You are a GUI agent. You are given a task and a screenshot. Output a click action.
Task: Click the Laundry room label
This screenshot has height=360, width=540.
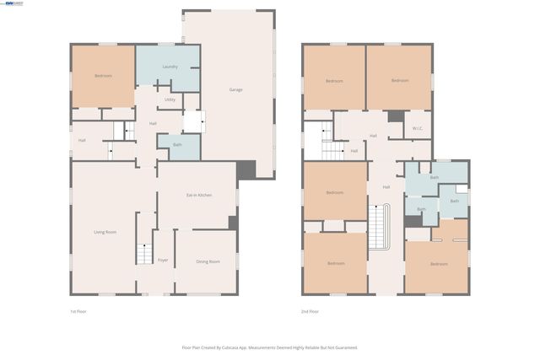(170, 67)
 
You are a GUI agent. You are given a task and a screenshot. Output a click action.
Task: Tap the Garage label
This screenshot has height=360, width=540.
(236, 89)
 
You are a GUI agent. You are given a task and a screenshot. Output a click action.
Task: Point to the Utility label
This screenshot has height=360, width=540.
(170, 99)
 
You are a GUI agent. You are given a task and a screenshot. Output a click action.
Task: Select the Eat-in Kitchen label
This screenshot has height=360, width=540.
(199, 195)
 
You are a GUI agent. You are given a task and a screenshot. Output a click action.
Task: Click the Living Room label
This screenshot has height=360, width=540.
(105, 232)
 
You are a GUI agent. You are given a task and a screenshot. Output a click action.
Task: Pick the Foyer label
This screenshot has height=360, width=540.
(163, 261)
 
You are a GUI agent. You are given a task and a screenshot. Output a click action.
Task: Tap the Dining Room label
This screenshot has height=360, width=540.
(208, 262)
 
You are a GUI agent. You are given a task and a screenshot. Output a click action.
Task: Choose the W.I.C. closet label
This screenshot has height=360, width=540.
(417, 128)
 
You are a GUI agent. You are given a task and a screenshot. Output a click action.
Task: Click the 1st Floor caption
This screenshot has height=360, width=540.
(78, 311)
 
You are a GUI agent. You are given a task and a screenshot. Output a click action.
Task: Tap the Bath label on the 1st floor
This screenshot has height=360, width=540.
(177, 145)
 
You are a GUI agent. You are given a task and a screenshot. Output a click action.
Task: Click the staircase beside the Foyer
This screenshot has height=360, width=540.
(143, 253)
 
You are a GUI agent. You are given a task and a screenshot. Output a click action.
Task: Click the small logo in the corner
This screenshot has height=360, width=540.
(13, 3)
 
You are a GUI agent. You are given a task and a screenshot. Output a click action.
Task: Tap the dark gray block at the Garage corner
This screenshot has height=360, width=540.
(246, 169)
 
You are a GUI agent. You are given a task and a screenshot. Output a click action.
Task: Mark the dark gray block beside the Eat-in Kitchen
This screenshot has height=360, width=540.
(233, 222)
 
